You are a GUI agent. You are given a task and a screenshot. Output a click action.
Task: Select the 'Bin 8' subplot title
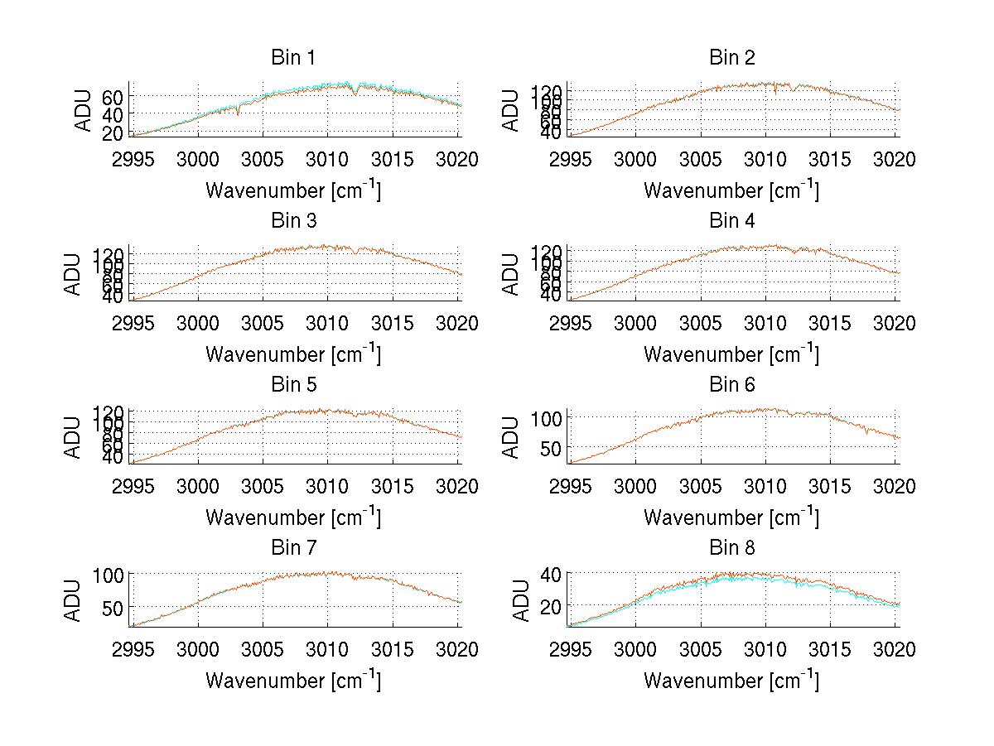[x=731, y=548]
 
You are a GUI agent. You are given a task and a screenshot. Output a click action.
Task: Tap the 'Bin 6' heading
[x=731, y=385]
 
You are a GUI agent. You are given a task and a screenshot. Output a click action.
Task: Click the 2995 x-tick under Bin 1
[x=133, y=160]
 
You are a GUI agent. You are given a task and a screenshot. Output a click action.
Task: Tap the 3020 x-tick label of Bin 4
[x=895, y=324]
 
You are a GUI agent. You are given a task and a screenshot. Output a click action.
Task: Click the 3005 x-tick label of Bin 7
[x=263, y=650]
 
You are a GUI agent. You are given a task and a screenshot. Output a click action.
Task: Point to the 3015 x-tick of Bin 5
[x=393, y=487]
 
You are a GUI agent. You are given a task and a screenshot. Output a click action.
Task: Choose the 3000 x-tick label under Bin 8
[x=635, y=650]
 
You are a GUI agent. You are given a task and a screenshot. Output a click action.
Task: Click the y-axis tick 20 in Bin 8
[x=549, y=607]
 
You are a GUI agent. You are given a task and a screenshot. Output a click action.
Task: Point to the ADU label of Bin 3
[x=73, y=273]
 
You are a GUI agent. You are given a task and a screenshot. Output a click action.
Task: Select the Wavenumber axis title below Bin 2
[x=731, y=190]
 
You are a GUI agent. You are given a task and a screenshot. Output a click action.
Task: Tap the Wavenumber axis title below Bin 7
[x=293, y=681]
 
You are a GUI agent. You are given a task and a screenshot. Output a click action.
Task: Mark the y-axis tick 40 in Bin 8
[x=549, y=574]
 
